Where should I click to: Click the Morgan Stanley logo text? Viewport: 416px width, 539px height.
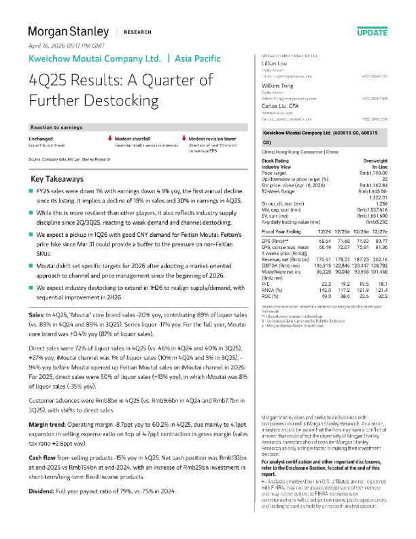pos(67,31)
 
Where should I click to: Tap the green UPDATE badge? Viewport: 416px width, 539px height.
pos(372,33)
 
